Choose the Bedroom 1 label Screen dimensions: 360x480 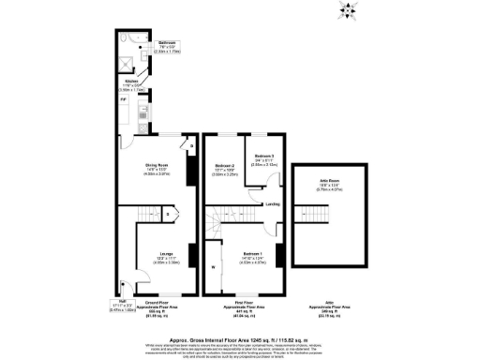coord(252,254)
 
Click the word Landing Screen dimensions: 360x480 coord(273,202)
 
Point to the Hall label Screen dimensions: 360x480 coord(125,300)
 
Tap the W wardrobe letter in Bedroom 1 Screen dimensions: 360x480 coord(215,269)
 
